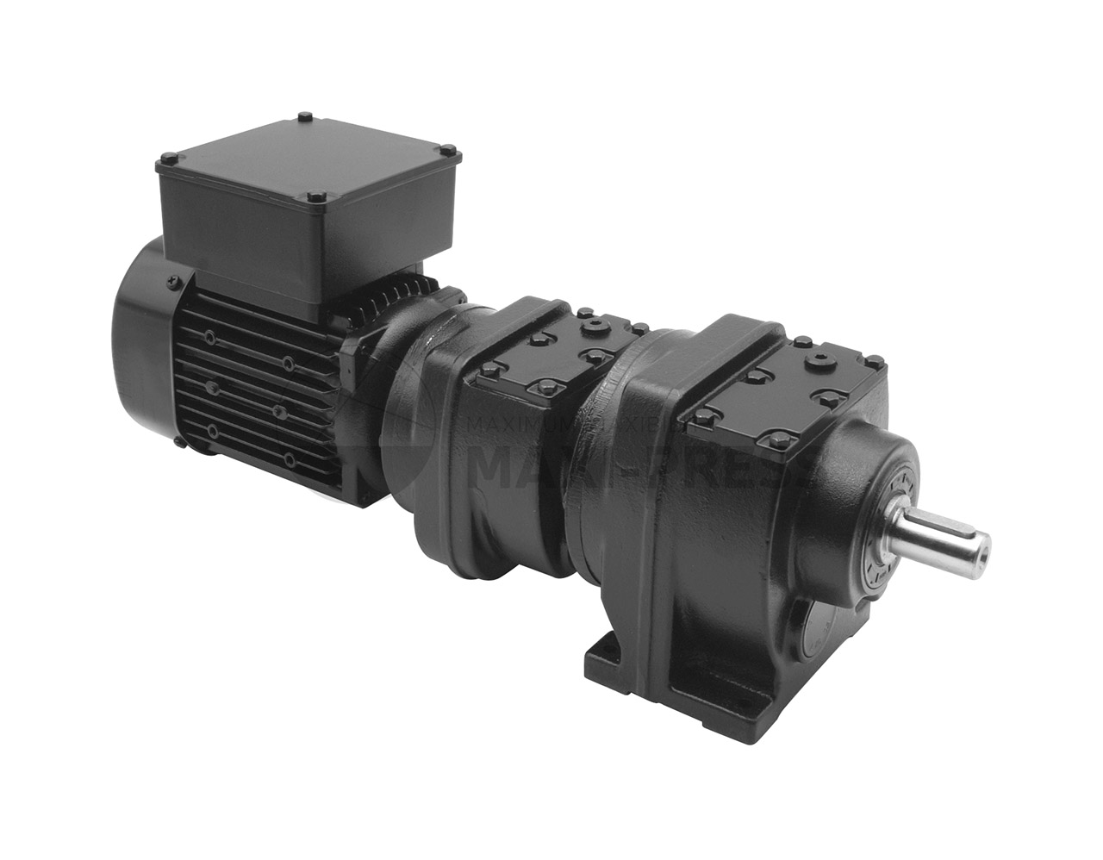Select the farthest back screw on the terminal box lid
[304, 116]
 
